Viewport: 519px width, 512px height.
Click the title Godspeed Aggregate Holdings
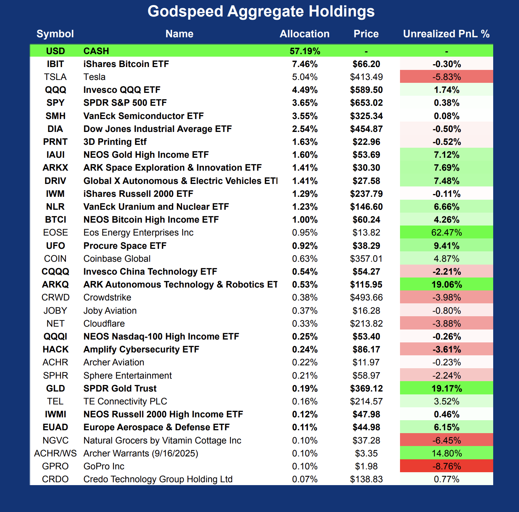tap(261, 11)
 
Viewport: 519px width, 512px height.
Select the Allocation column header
tap(304, 34)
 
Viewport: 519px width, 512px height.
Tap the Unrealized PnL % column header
tap(446, 34)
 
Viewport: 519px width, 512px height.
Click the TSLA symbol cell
tap(55, 77)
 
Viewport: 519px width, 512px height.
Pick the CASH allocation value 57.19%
tap(305, 51)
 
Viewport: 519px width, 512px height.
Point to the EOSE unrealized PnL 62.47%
tap(447, 233)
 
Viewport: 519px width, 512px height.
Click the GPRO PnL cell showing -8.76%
tap(447, 466)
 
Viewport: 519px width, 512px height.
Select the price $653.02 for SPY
tap(366, 103)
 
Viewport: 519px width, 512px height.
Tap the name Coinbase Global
tap(117, 259)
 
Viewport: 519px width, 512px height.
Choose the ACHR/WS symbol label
tap(55, 453)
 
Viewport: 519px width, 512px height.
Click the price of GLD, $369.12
tap(366, 388)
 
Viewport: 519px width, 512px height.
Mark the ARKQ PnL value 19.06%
tap(447, 284)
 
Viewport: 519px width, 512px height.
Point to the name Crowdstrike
tap(107, 298)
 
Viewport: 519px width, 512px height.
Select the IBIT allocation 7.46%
tap(305, 64)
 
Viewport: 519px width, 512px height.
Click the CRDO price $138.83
tap(366, 479)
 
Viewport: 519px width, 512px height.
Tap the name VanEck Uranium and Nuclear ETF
tap(156, 207)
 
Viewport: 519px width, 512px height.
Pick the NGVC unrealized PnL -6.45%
tap(447, 440)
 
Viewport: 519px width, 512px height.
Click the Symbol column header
tap(55, 34)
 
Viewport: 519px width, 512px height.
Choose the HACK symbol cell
tap(55, 349)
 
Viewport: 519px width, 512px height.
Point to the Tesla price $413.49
tap(366, 77)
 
